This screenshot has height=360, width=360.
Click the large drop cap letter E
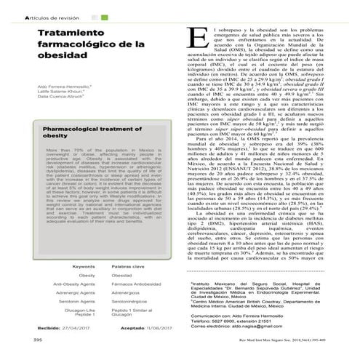(x=192, y=39)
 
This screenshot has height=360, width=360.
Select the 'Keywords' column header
(x=84, y=267)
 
